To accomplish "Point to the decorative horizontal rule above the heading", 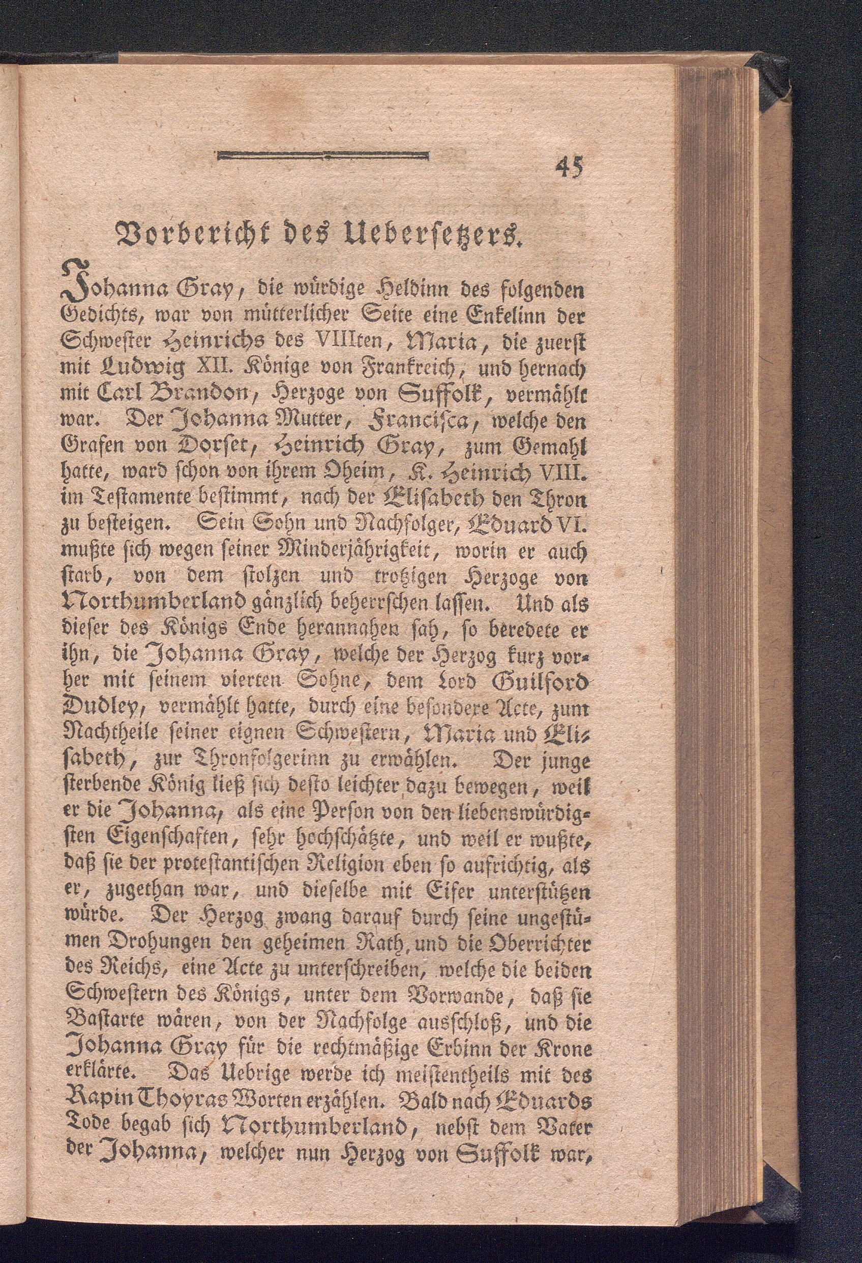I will pyautogui.click(x=322, y=157).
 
